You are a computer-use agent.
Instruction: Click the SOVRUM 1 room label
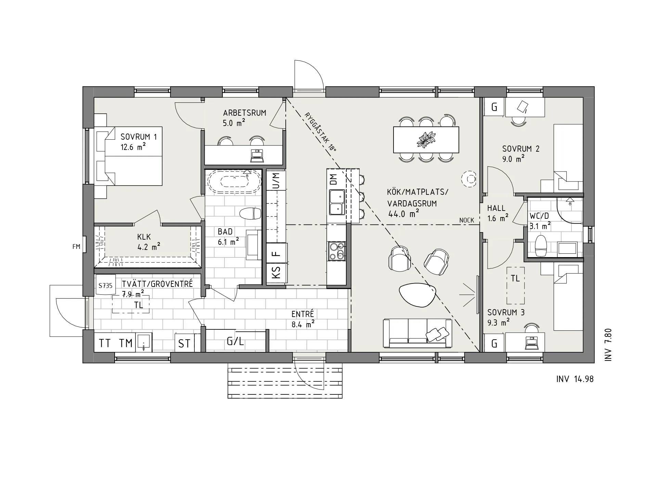pyautogui.click(x=139, y=137)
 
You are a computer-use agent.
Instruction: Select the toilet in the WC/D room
pyautogui.click(x=541, y=245)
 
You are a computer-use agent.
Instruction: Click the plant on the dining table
pyautogui.click(x=426, y=140)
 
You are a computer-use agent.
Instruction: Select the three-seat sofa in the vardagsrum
pyautogui.click(x=417, y=333)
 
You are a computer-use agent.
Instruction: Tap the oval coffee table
pyautogui.click(x=417, y=295)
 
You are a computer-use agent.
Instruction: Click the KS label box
pyautogui.click(x=276, y=273)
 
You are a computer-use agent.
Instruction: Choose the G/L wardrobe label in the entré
pyautogui.click(x=235, y=341)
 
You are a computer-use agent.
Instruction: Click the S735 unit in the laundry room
pyautogui.click(x=105, y=285)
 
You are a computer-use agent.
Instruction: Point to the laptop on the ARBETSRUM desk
pyautogui.click(x=257, y=156)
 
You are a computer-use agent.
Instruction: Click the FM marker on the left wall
pyautogui.click(x=76, y=246)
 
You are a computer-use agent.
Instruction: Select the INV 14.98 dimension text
pyautogui.click(x=575, y=379)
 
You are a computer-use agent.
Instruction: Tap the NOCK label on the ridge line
pyautogui.click(x=466, y=220)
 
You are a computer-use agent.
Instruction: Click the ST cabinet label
pyautogui.click(x=184, y=343)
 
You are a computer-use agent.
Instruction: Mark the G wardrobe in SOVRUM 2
pyautogui.click(x=494, y=107)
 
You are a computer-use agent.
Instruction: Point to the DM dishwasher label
pyautogui.click(x=333, y=179)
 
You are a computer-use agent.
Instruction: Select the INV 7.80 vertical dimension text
pyautogui.click(x=608, y=345)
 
